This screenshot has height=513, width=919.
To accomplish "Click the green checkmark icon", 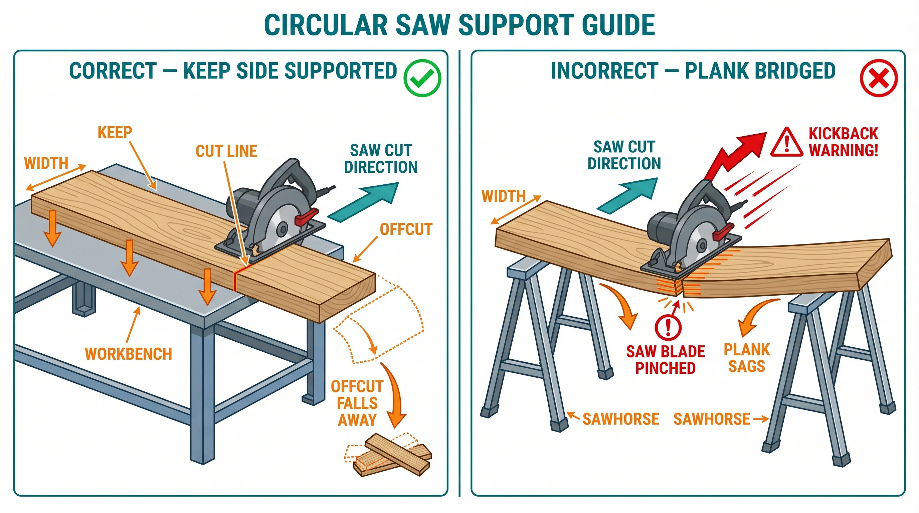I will (422, 78).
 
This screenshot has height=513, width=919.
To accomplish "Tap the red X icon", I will (878, 78).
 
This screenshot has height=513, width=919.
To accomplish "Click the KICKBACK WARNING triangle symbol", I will (786, 143).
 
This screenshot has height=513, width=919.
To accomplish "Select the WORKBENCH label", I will (129, 354).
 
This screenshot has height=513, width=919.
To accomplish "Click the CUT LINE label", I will (226, 151).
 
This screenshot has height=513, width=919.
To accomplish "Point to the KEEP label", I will (115, 133).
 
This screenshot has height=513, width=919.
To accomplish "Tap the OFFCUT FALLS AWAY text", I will (357, 403).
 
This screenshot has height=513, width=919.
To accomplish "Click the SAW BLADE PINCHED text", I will (665, 360).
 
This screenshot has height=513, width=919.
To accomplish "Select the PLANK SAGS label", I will (747, 358).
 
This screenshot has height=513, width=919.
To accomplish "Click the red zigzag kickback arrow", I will (735, 153).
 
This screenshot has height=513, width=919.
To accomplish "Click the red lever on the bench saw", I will (306, 217).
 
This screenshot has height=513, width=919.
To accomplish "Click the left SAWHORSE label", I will (620, 419).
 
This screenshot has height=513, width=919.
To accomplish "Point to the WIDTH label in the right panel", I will (503, 196).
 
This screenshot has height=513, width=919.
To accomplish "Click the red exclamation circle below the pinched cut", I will (668, 326).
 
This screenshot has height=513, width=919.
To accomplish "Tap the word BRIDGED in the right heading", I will (760, 70).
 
